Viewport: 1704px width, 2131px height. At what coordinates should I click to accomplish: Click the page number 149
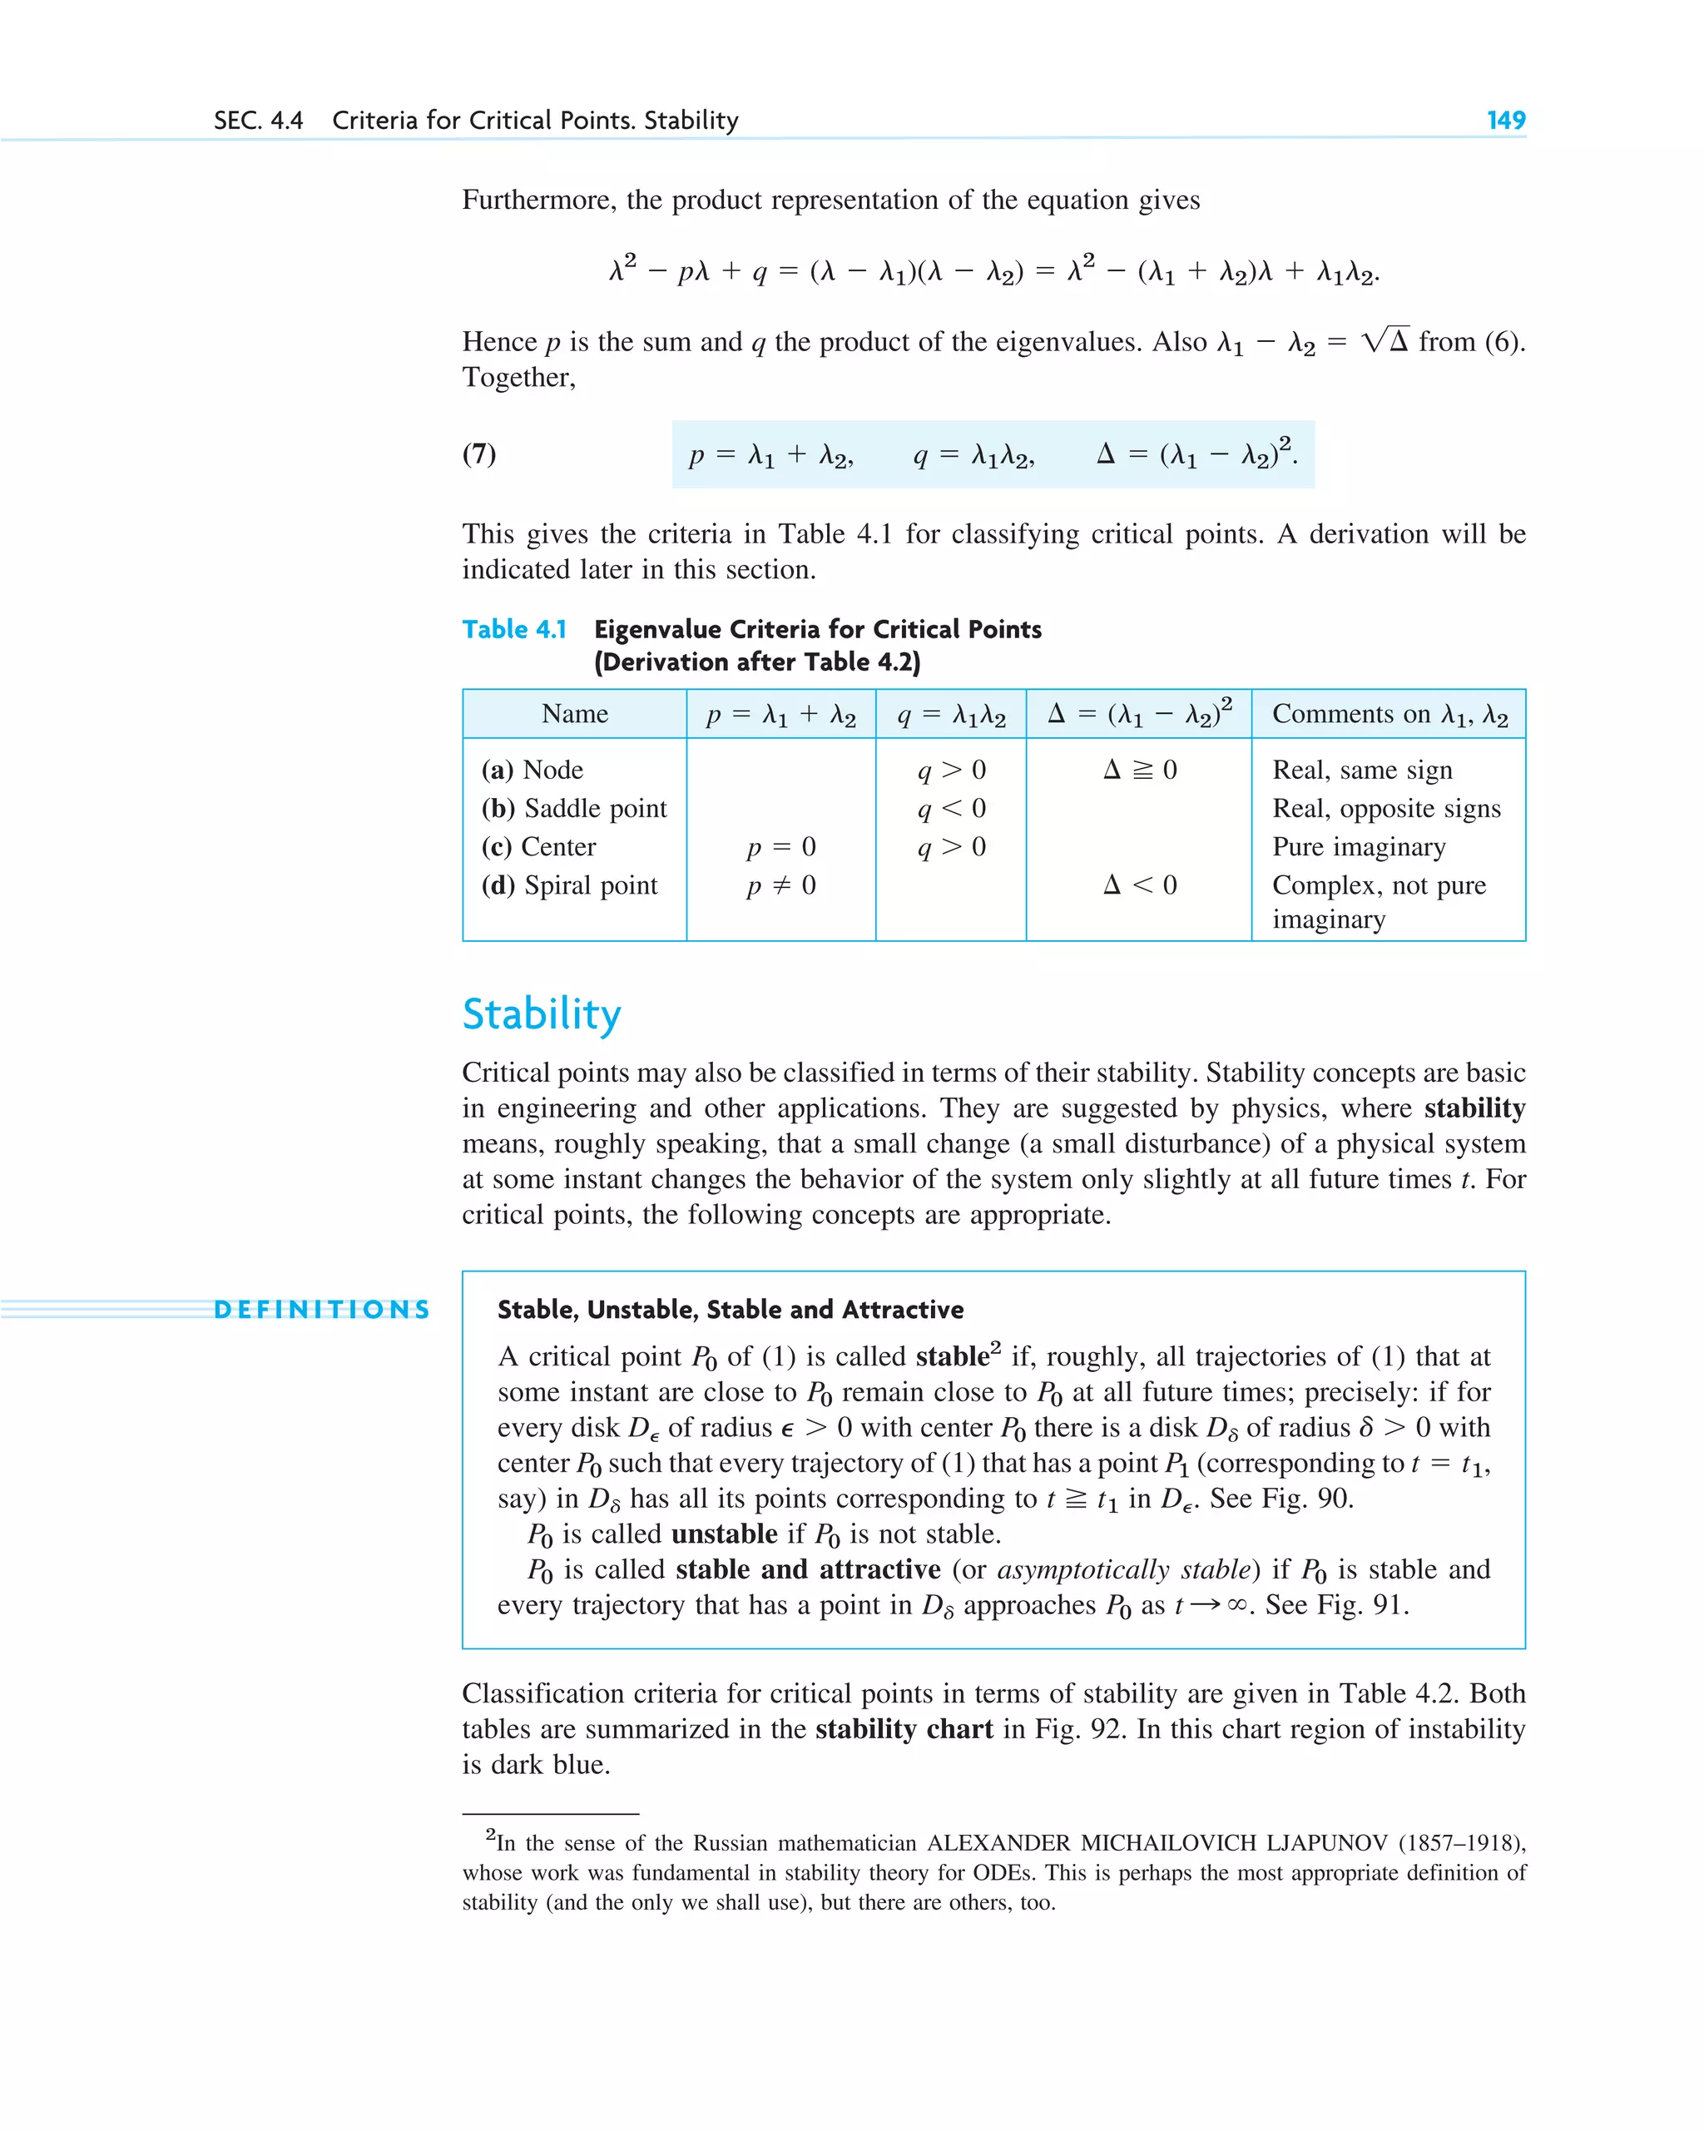point(1505,121)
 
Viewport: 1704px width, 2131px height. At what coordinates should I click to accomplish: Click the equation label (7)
point(479,453)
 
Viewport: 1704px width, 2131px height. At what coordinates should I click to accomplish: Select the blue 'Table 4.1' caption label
point(514,630)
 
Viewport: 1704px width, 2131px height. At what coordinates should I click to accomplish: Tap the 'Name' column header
point(574,714)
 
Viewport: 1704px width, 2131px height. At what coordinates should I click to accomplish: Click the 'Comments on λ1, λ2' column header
point(1389,714)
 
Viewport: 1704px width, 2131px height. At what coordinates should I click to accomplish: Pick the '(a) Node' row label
point(532,769)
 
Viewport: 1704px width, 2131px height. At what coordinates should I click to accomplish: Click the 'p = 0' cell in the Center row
point(780,846)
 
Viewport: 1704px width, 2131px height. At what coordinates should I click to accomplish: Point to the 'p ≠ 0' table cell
point(780,885)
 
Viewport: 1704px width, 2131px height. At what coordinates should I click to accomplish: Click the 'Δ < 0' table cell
point(1139,885)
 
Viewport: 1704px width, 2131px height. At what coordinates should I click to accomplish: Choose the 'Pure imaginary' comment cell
point(1358,846)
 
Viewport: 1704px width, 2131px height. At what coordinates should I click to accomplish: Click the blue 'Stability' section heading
point(542,1014)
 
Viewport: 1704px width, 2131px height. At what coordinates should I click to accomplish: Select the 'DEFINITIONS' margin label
point(322,1310)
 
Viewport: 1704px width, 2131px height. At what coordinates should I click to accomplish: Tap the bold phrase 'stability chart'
point(904,1729)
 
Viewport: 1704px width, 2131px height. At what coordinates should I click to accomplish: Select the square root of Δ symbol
point(1384,341)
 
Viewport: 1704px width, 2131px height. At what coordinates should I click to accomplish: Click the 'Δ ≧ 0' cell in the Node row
point(1139,769)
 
